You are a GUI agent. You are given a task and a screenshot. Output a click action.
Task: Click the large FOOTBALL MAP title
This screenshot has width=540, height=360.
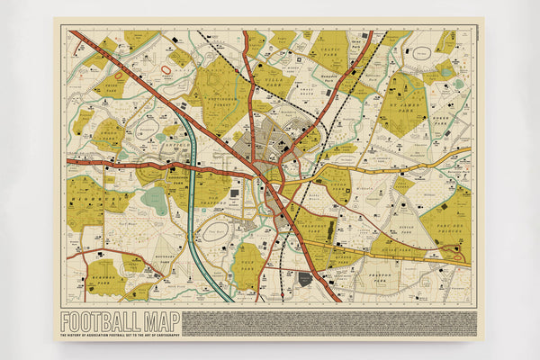120,321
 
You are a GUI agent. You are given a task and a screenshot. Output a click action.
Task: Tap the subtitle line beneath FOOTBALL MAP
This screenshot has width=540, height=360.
120,336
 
